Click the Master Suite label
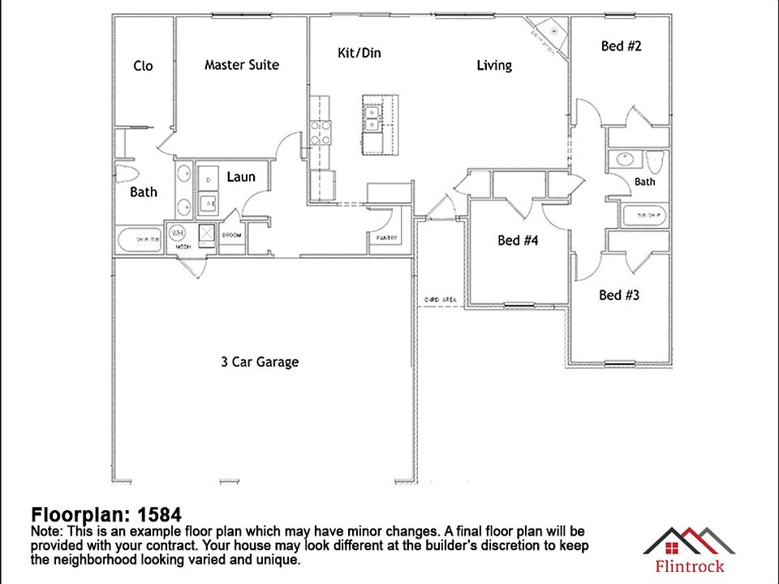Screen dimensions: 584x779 [241, 65]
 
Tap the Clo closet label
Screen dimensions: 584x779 [143, 66]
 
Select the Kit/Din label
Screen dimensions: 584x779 [359, 53]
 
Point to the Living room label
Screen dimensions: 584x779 [493, 65]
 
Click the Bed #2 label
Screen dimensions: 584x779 [621, 46]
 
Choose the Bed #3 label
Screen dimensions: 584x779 [618, 294]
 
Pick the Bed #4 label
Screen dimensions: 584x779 [518, 240]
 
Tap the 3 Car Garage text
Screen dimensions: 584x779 [259, 362]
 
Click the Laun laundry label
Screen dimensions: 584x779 [240, 176]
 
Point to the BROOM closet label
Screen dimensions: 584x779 [231, 235]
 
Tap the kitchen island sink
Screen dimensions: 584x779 [373, 118]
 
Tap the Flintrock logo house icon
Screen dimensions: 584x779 [688, 539]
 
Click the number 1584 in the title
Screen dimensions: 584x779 [159, 515]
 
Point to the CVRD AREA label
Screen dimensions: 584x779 [440, 300]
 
